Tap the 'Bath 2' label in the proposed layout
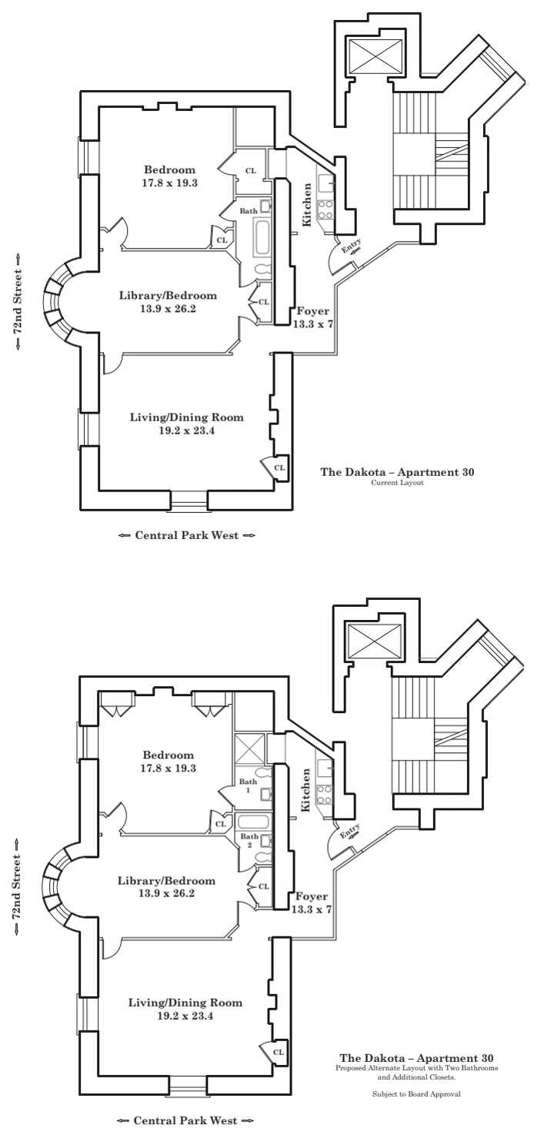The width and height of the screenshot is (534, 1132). [x=249, y=840]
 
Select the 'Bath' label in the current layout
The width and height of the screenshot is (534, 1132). [x=249, y=210]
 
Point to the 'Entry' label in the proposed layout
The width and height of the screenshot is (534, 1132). [x=349, y=831]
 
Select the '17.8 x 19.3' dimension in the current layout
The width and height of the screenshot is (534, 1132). [x=170, y=183]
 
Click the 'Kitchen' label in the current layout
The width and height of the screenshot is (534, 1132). [x=307, y=204]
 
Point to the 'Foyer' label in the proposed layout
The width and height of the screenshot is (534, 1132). [x=312, y=896]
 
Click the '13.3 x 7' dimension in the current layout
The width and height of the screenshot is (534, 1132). [x=312, y=325]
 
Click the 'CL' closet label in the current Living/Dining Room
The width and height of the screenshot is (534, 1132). [x=279, y=467]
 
